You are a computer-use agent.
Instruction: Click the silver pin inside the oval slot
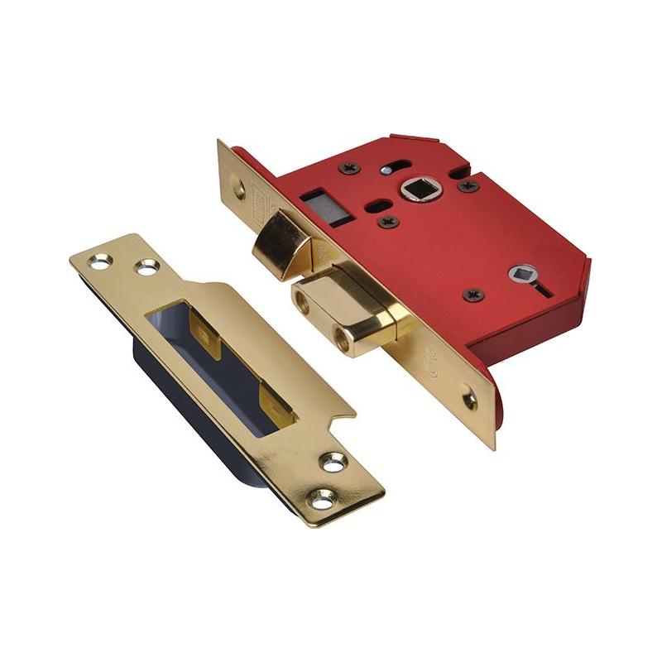386,170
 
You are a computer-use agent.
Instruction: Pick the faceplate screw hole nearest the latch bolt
239,188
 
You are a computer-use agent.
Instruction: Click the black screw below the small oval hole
386,221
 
